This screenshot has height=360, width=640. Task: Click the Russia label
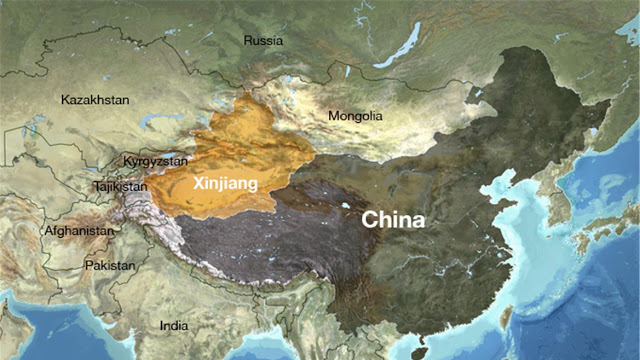point(264,41)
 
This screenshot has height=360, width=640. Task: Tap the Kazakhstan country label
point(95,100)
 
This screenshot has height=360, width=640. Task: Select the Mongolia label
point(355,116)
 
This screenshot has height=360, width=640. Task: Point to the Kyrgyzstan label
point(155,161)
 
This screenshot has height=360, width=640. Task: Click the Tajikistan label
point(120,186)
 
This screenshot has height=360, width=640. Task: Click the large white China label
point(393,219)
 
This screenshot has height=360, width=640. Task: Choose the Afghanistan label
point(78,231)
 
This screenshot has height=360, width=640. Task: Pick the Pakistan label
point(109,266)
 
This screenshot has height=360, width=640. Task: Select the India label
point(174,326)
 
